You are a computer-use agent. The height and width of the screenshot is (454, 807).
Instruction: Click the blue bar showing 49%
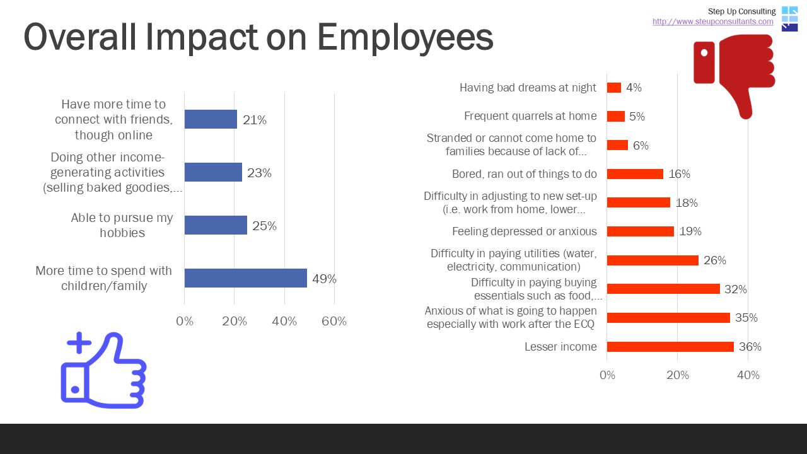pyautogui.click(x=245, y=278)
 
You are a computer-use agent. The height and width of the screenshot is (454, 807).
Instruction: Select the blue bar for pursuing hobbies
pyautogui.click(x=216, y=225)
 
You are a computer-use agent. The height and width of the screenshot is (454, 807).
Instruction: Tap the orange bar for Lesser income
pyautogui.click(x=670, y=347)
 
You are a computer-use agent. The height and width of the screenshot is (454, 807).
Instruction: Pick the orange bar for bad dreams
pyautogui.click(x=613, y=88)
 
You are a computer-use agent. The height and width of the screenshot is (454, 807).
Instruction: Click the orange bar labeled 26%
pyautogui.click(x=653, y=260)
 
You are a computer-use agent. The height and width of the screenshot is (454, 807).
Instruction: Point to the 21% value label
pyautogui.click(x=254, y=120)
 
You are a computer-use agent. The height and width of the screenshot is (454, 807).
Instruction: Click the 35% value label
pyautogui.click(x=746, y=318)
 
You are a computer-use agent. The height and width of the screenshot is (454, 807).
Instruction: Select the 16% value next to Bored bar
pyautogui.click(x=679, y=174)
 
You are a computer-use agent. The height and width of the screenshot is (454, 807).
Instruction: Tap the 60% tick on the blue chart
pyautogui.click(x=334, y=322)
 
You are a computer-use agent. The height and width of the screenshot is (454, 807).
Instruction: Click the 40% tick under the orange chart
pyautogui.click(x=748, y=375)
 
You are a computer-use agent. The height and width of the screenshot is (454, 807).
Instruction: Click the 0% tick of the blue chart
pyautogui.click(x=185, y=322)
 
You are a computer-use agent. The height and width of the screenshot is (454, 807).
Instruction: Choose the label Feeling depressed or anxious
pyautogui.click(x=524, y=231)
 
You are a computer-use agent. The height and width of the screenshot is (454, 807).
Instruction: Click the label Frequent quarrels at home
pyautogui.click(x=530, y=116)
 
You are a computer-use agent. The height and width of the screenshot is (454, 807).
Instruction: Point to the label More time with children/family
pyautogui.click(x=104, y=278)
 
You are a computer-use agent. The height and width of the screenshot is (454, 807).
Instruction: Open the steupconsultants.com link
pyautogui.click(x=712, y=21)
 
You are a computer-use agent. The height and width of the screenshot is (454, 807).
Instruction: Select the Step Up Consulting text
pyautogui.click(x=741, y=11)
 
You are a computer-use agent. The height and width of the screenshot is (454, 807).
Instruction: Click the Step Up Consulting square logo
pyautogui.click(x=789, y=18)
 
